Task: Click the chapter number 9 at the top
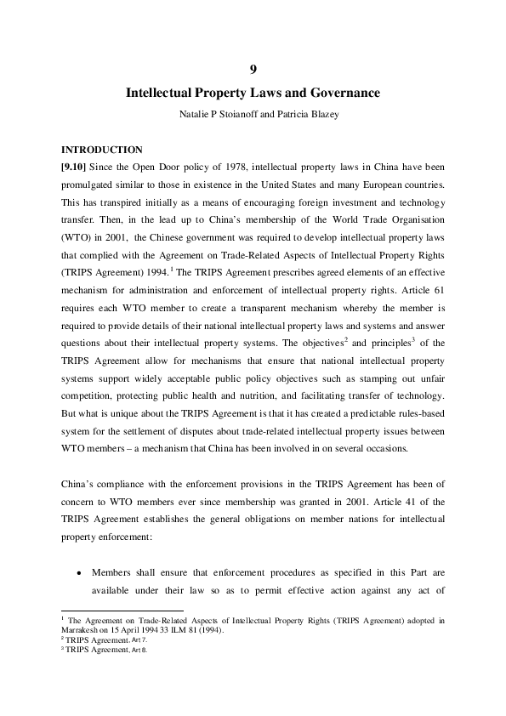tap(253, 68)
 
